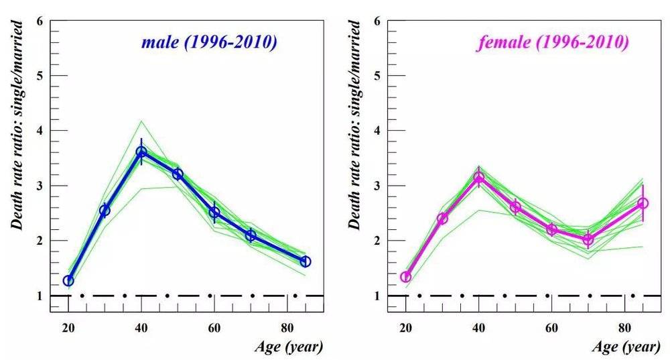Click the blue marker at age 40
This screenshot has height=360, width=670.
click(141, 152)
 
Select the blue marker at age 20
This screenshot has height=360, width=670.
click(68, 280)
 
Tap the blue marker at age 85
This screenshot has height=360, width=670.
click(306, 261)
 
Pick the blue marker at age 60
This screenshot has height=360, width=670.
click(214, 213)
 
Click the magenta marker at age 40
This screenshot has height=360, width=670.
click(478, 178)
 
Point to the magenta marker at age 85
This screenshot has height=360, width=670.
click(643, 203)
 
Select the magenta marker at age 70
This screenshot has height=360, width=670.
click(588, 239)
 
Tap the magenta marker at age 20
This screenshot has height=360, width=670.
click(405, 277)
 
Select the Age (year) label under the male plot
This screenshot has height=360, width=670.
click(289, 347)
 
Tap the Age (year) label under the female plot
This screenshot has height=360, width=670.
click(626, 347)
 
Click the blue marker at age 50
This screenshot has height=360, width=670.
click(178, 174)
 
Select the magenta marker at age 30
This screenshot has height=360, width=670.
click(442, 219)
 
